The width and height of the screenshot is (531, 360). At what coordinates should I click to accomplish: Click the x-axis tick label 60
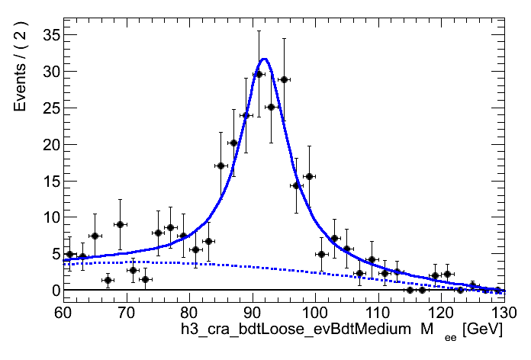(63, 313)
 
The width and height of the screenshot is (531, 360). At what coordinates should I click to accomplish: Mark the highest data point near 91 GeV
(259, 74)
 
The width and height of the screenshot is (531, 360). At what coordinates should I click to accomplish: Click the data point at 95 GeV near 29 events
(284, 79)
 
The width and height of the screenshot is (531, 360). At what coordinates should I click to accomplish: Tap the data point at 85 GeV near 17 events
(220, 166)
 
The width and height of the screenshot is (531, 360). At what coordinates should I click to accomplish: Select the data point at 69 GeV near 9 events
(120, 224)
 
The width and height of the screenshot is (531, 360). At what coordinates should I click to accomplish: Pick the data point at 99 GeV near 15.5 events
(309, 176)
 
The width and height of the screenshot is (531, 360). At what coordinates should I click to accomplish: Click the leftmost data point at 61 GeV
(69, 254)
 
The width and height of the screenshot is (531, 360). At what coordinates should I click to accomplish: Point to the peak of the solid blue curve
(264, 59)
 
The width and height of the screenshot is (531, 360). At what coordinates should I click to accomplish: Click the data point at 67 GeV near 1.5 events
(108, 280)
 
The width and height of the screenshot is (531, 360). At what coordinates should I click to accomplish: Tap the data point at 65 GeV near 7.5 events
(95, 236)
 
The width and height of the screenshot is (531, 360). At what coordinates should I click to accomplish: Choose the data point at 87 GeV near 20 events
(233, 143)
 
